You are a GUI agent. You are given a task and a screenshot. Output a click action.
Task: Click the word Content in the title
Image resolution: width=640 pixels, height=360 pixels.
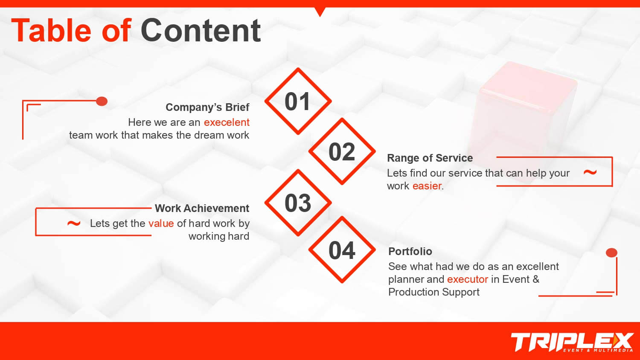(x=201, y=31)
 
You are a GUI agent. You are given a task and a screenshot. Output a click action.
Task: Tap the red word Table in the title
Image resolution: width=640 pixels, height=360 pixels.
(x=51, y=30)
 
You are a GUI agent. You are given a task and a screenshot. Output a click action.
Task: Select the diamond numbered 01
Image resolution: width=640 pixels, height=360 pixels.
(x=298, y=101)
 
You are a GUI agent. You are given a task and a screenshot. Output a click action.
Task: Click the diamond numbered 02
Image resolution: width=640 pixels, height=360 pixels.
(x=342, y=151)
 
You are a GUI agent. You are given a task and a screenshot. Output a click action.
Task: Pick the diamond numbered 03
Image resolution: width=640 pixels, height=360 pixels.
(x=298, y=203)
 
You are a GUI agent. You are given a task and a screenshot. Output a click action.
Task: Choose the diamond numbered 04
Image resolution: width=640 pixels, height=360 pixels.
(x=342, y=250)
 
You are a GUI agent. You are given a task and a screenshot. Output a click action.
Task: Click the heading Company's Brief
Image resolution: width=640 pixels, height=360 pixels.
(x=207, y=107)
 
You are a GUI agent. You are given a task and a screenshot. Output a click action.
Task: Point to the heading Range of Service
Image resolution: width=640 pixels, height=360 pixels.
(x=430, y=158)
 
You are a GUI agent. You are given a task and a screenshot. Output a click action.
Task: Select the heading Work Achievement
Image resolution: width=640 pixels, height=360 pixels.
(x=202, y=208)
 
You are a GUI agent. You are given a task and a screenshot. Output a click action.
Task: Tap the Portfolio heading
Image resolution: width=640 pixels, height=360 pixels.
(x=410, y=251)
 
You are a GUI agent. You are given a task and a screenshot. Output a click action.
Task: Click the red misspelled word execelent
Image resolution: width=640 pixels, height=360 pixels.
(x=227, y=122)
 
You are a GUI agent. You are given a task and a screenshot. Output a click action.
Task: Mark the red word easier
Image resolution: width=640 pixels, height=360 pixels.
(x=427, y=186)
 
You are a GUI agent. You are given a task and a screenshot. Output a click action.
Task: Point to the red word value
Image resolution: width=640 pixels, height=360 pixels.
(x=161, y=224)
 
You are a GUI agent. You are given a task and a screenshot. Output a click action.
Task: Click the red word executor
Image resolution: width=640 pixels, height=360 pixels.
(x=468, y=279)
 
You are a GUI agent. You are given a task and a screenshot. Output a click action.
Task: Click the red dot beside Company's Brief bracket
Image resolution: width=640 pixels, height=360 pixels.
(x=102, y=101)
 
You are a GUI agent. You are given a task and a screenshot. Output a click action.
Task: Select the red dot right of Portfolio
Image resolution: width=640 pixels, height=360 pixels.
(x=611, y=253)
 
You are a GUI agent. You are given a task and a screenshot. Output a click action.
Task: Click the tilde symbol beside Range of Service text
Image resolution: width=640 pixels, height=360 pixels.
(x=590, y=172)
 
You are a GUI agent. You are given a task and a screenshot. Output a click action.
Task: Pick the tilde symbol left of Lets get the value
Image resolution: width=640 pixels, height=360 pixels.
(x=74, y=224)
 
